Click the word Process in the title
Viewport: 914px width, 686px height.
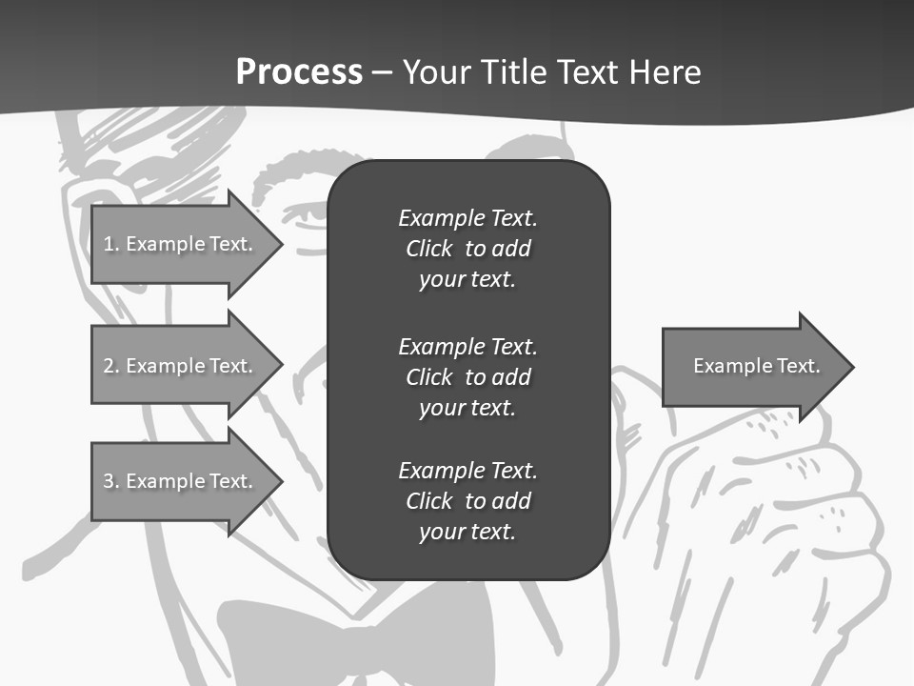coord(299,72)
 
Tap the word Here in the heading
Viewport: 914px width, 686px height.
coord(666,72)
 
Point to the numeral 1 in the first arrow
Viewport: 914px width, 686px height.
coord(108,244)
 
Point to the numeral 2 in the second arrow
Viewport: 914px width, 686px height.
coord(109,366)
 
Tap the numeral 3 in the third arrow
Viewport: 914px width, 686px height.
coord(109,481)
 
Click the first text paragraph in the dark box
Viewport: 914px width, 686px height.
coord(467,249)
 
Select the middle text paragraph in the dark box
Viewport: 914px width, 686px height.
coord(467,377)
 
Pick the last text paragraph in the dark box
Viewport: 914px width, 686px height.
coord(467,501)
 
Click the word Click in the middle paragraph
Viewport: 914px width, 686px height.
coord(429,377)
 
